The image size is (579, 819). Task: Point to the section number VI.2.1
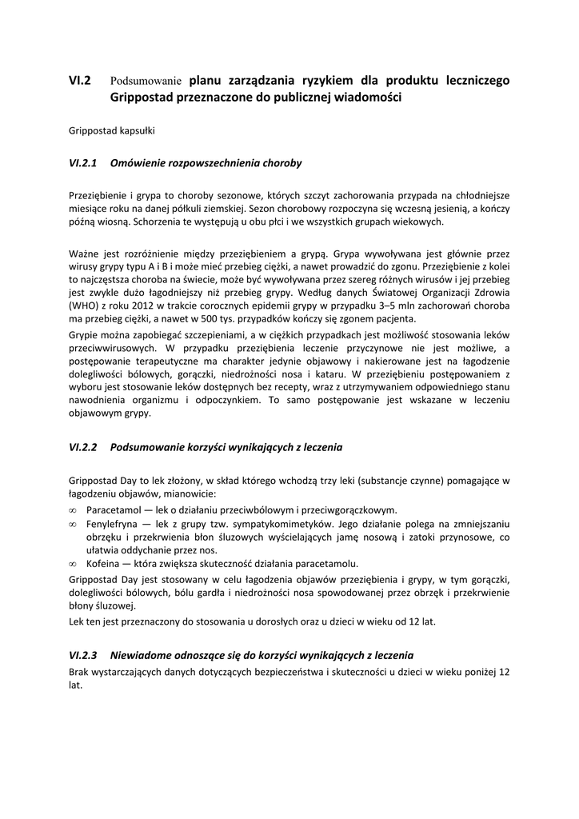coord(83,163)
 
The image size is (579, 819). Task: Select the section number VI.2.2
coord(83,448)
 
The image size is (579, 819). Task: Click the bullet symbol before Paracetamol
coord(73,509)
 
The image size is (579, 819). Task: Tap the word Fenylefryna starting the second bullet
coord(114,523)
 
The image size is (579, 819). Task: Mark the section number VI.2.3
coord(83,654)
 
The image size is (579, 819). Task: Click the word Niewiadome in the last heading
coord(141,654)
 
